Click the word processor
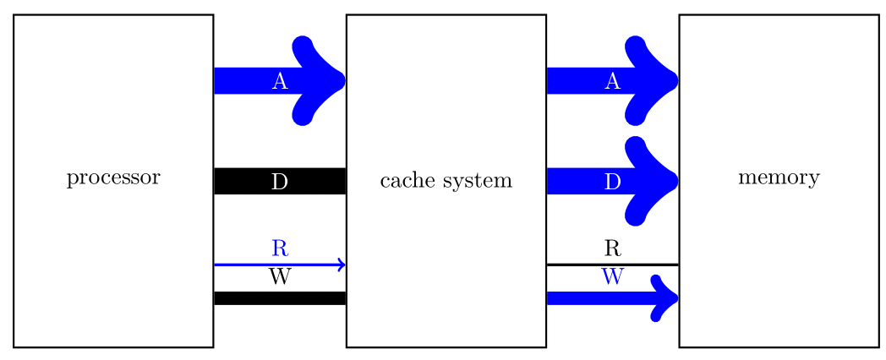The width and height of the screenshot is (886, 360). [112, 179]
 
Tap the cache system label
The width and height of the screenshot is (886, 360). [446, 181]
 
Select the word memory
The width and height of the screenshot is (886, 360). [779, 179]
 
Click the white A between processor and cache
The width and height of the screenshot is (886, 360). [280, 82]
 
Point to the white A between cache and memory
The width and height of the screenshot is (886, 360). [613, 82]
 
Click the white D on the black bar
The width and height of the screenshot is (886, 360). [280, 182]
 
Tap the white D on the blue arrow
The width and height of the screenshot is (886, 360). [613, 182]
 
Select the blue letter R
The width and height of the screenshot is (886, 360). [280, 248]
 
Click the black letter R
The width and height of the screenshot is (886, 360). [613, 248]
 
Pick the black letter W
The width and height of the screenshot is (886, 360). [280, 277]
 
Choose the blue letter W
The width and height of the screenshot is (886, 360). [613, 277]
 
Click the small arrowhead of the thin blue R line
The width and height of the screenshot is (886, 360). [342, 265]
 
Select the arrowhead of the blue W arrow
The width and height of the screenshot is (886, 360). [666, 297]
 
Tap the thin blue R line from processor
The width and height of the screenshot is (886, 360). [245, 265]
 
